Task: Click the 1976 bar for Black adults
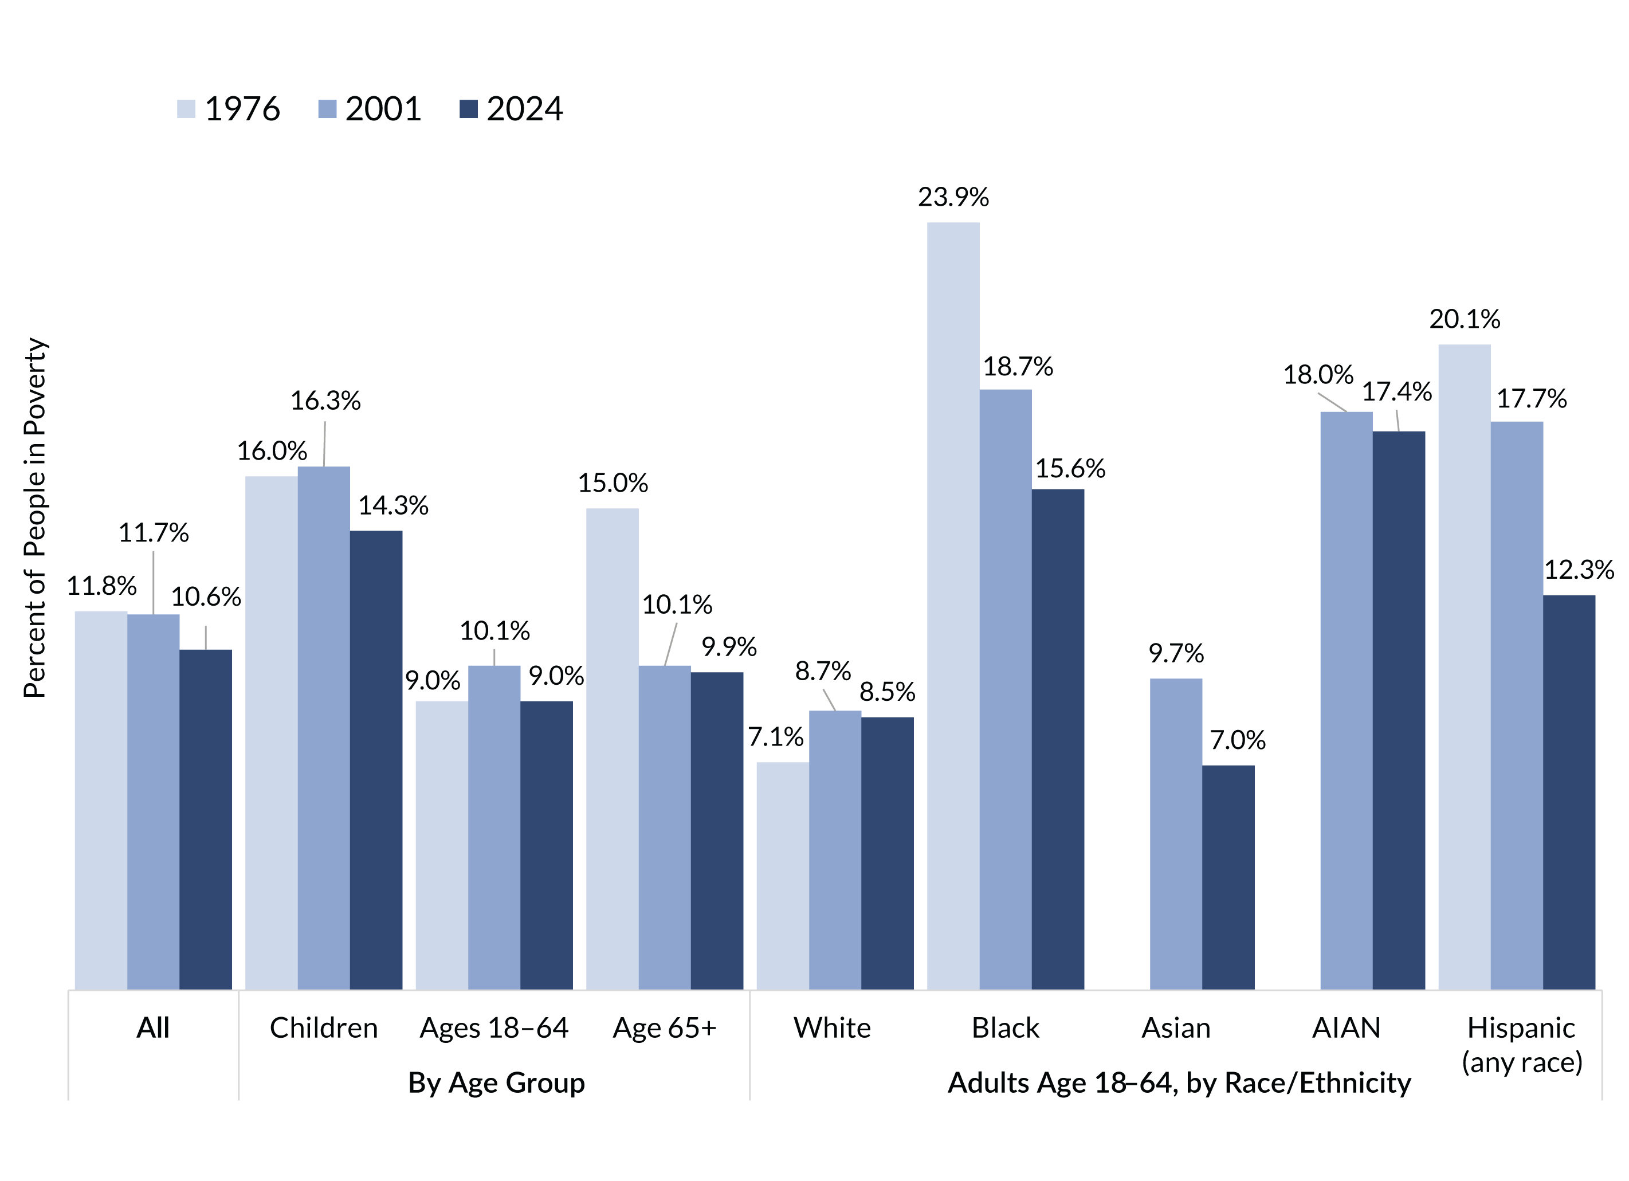[952, 606]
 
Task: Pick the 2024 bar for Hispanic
[1569, 792]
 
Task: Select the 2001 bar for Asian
[1175, 833]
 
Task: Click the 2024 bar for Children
[376, 759]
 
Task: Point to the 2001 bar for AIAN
[1346, 700]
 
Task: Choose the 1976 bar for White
[782, 875]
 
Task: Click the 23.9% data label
[953, 197]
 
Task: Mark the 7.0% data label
[1237, 740]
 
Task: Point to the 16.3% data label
[325, 401]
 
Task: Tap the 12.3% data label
[1579, 570]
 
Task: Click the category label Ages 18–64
[494, 1028]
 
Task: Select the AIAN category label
[1346, 1028]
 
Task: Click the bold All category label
[153, 1028]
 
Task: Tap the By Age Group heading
[496, 1082]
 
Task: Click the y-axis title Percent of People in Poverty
[34, 517]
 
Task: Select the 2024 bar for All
[206, 819]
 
